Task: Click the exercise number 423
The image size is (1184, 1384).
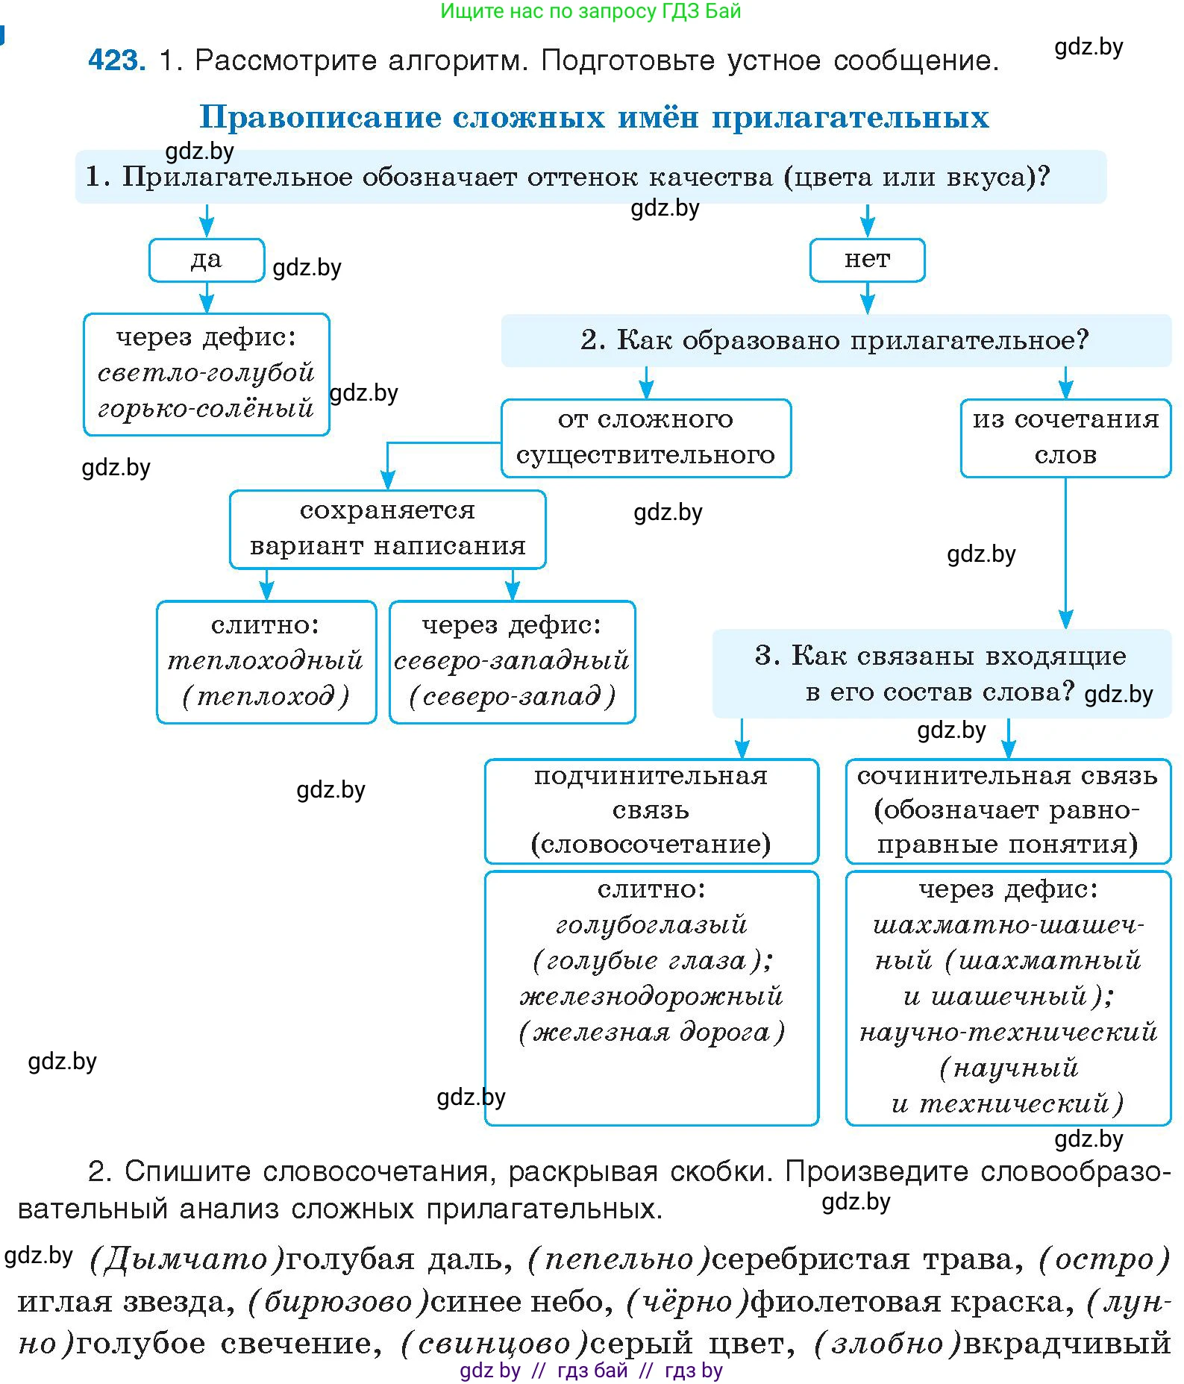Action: [x=116, y=60]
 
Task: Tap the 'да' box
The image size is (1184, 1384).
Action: [x=207, y=260]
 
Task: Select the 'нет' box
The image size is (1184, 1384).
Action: [x=867, y=260]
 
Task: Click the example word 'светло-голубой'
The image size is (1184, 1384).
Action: [x=207, y=372]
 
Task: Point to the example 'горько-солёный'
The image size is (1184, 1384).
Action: [x=207, y=408]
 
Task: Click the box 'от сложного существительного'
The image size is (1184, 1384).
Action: [x=645, y=438]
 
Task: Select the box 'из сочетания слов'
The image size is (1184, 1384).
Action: [x=1065, y=438]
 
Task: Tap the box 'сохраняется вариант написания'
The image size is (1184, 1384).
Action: [x=387, y=529]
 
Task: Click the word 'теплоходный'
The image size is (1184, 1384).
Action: [x=266, y=660]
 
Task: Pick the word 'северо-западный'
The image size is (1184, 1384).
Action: [x=512, y=660]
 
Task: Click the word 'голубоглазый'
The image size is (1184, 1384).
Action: [x=651, y=924]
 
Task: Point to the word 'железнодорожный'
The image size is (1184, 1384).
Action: [x=651, y=996]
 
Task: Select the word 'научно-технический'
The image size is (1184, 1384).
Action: [x=1008, y=1032]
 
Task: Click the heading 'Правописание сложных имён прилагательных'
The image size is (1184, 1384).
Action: [x=594, y=117]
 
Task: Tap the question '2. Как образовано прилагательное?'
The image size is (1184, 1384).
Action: [x=835, y=340]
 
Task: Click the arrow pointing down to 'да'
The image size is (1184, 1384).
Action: [x=207, y=221]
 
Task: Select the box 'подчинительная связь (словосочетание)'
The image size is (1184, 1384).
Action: [x=651, y=810]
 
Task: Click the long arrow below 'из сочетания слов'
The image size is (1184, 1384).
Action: [x=1065, y=552]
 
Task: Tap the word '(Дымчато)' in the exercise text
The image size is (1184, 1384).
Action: [x=187, y=1259]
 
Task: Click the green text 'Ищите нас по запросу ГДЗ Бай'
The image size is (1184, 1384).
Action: [x=590, y=10]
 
